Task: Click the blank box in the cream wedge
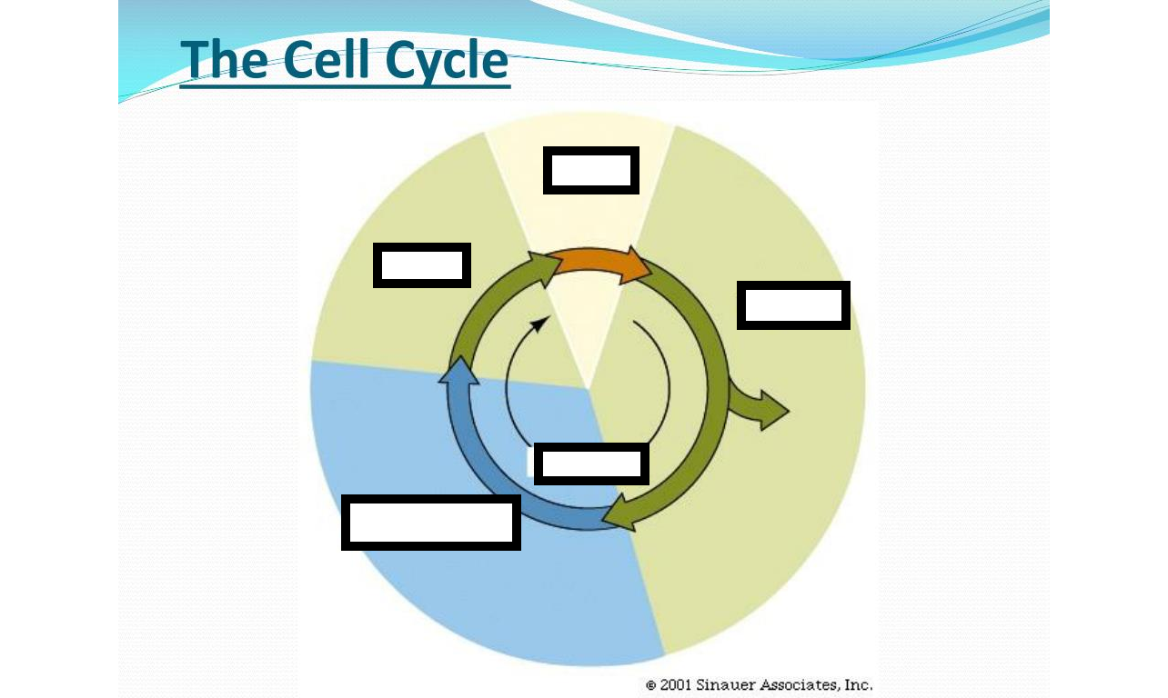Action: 591,170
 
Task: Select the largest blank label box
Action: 431,523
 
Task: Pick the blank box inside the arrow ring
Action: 592,464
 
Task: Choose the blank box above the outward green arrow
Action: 793,305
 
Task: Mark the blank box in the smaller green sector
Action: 422,265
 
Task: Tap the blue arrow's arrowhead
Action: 459,371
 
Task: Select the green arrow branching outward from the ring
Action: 759,407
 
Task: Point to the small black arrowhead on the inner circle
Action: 539,324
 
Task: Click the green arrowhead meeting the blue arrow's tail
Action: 620,514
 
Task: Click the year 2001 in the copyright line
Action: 675,684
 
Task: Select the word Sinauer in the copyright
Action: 725,684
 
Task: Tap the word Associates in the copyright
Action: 800,684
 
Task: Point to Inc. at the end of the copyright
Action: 859,684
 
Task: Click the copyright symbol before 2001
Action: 650,685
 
